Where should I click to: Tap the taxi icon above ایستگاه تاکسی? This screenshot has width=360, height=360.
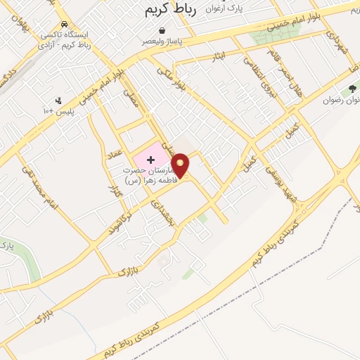pyautogui.click(x=65, y=24)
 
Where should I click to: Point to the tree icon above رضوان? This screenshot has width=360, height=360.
pyautogui.click(x=352, y=89)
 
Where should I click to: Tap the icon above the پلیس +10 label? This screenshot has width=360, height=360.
pyautogui.click(x=58, y=100)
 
